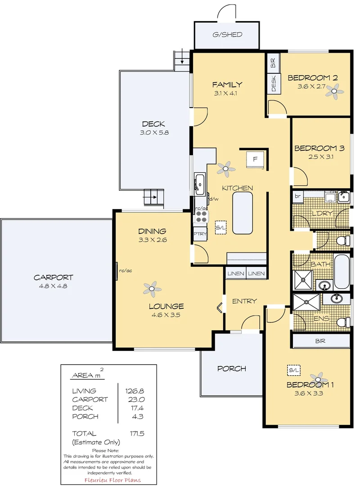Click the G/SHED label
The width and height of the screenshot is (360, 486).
(x=227, y=35)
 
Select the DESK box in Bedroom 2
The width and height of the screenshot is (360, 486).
(x=274, y=83)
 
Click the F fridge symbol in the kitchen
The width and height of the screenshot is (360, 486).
(x=255, y=159)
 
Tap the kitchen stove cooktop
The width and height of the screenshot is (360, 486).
(x=201, y=217)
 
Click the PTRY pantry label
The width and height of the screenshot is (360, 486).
(x=200, y=234)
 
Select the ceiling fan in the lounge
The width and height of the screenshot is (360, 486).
(x=152, y=288)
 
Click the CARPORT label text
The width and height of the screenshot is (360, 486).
(x=53, y=278)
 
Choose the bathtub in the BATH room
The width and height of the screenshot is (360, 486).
(x=342, y=272)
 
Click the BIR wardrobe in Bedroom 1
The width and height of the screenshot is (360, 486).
(x=321, y=341)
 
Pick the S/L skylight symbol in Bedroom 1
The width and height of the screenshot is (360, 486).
(x=294, y=370)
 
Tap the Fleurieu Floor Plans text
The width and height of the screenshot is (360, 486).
(x=109, y=480)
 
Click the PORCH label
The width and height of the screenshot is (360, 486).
(x=231, y=369)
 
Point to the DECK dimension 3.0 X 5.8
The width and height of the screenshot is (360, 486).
(x=153, y=133)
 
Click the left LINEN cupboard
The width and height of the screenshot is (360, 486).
(x=235, y=274)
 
